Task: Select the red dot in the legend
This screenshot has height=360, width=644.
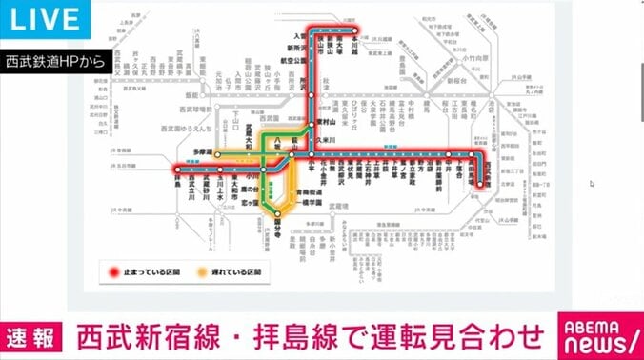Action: coord(115,270)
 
